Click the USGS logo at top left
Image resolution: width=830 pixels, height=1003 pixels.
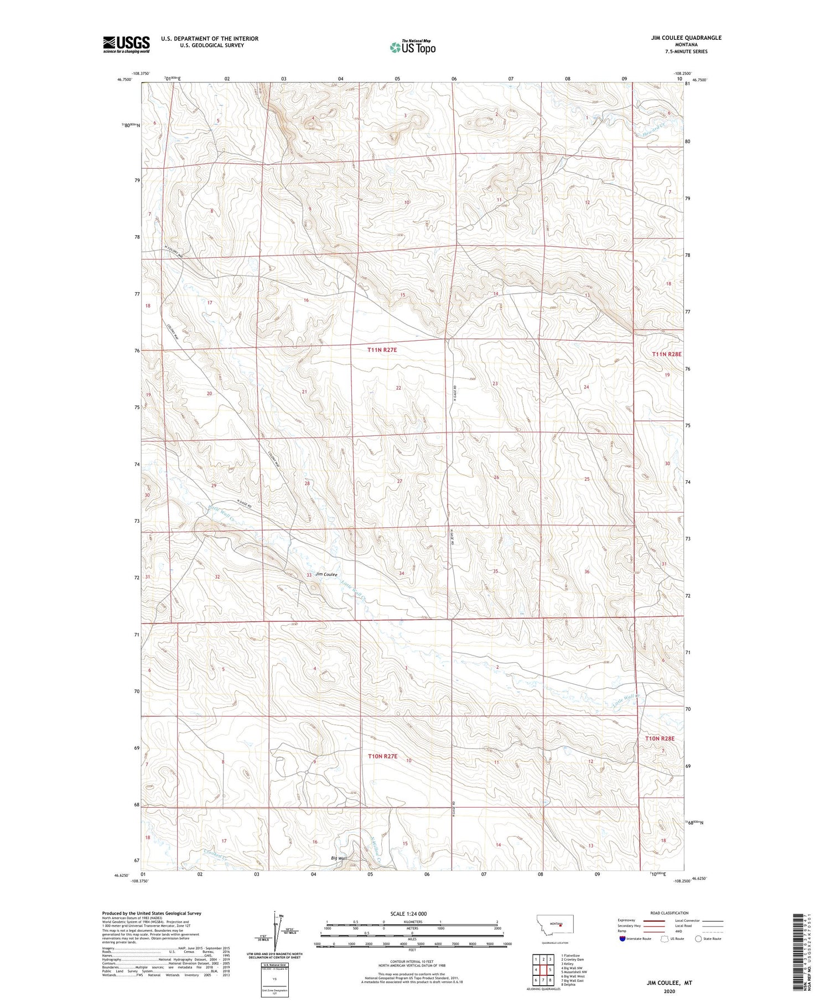coord(126,44)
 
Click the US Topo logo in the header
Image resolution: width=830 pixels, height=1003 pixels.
coord(413,48)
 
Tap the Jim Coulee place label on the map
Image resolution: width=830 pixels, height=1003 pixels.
coord(326,574)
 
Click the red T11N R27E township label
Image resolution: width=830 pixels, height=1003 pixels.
coord(382,350)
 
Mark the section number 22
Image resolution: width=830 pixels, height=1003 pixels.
coord(398,388)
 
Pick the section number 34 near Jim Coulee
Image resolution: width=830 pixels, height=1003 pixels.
coord(402,574)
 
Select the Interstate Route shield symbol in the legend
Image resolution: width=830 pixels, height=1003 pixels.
coord(622,938)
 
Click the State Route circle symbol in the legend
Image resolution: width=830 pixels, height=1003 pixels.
coord(698,938)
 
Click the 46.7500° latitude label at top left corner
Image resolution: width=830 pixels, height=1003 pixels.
coord(124,79)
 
